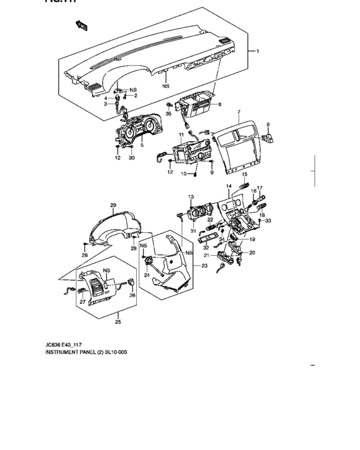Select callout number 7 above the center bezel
(238, 112)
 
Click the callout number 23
(204, 265)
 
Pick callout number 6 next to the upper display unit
(219, 104)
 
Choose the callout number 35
(169, 114)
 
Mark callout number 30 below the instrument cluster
(130, 157)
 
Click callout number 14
(228, 187)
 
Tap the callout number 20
(253, 252)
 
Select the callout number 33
(269, 221)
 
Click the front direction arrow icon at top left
(82, 26)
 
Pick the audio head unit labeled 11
(190, 154)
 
